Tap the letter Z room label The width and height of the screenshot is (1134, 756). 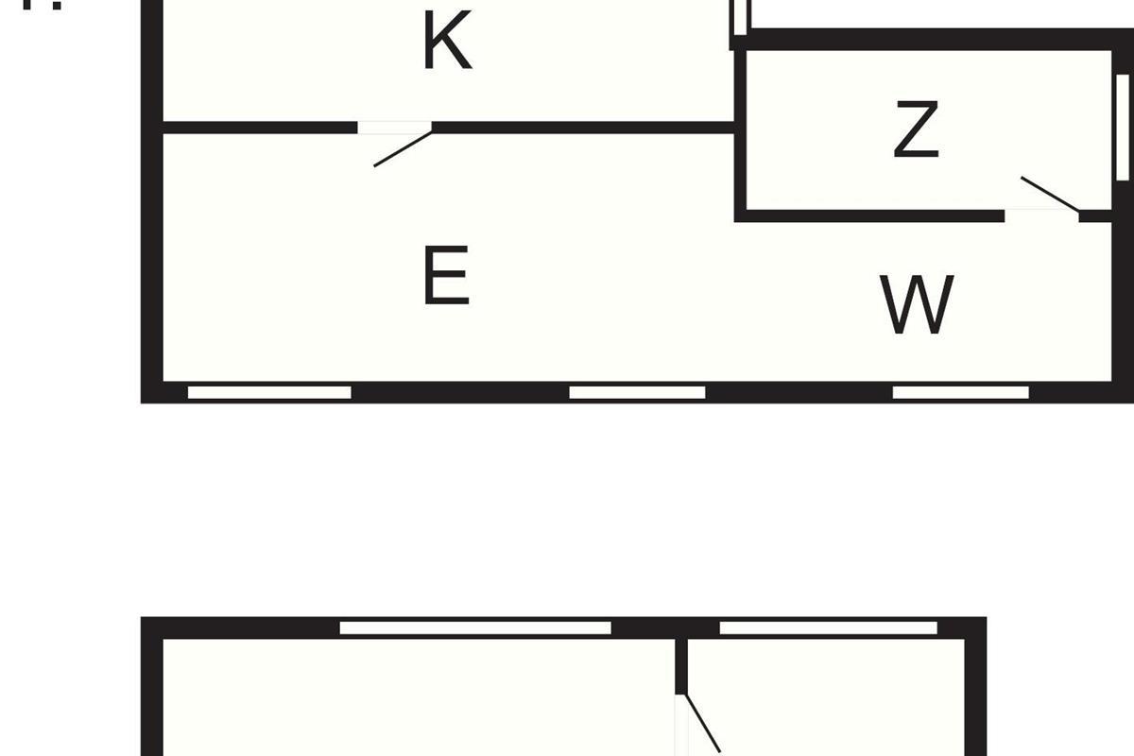click(x=916, y=131)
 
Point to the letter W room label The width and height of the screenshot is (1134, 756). click(x=917, y=305)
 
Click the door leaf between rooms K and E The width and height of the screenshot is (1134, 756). click(x=404, y=148)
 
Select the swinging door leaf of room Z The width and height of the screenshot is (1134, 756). click(x=1050, y=194)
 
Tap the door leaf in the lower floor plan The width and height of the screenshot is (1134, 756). click(x=702, y=723)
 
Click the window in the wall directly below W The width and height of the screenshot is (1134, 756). click(x=960, y=392)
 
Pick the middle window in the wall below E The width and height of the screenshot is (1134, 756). click(x=637, y=392)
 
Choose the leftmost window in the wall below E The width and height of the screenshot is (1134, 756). click(x=269, y=392)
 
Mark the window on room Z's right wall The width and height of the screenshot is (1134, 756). click(x=1123, y=128)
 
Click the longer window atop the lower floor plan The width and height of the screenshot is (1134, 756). click(x=475, y=627)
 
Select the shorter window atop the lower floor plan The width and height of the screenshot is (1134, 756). click(x=828, y=627)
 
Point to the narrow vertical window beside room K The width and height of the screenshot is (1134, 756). click(x=740, y=17)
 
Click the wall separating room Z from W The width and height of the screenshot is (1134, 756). click(x=869, y=216)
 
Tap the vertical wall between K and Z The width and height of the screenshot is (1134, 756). click(x=741, y=132)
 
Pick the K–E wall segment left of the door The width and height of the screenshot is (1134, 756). click(x=260, y=127)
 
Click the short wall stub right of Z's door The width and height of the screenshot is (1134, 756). click(x=1094, y=216)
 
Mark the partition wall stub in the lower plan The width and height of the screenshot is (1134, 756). click(x=680, y=666)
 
